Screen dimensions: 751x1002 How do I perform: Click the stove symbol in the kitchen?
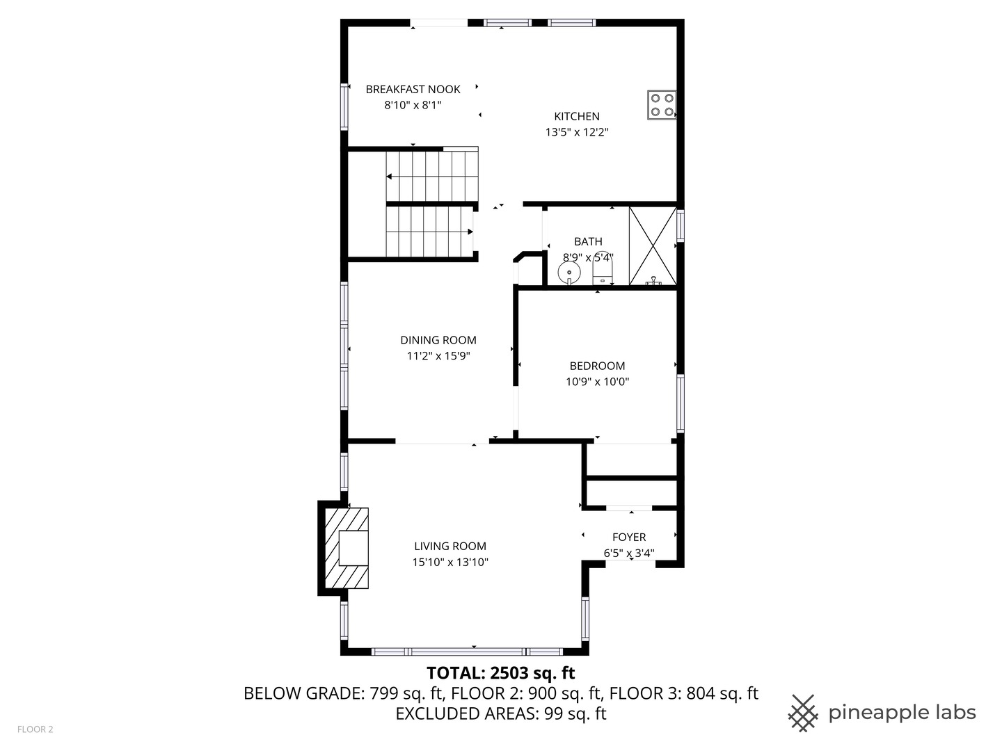[x=662, y=105]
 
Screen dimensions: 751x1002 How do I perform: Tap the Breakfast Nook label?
[x=413, y=89]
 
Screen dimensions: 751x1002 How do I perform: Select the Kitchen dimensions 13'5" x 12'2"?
[x=577, y=132]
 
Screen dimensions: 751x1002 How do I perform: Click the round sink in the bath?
[x=569, y=272]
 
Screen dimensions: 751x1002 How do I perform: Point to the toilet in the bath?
[x=603, y=270]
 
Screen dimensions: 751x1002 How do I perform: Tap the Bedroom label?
[x=597, y=366]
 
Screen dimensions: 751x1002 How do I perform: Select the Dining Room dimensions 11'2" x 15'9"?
[x=438, y=356]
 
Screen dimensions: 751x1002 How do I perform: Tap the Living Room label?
[x=450, y=547]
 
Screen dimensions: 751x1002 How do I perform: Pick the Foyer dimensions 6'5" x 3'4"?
[x=628, y=554]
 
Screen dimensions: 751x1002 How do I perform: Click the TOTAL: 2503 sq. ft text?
[x=500, y=673]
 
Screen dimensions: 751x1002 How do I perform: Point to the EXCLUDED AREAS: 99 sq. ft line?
[x=500, y=714]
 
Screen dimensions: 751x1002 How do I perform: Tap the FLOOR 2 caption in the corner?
[x=35, y=729]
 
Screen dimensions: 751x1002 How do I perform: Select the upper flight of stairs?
[x=432, y=176]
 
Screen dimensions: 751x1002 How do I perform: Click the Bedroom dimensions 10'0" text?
[x=614, y=382]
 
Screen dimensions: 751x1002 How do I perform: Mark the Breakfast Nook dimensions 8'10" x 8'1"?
[x=413, y=105]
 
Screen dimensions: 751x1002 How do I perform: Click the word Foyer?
[x=628, y=538]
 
